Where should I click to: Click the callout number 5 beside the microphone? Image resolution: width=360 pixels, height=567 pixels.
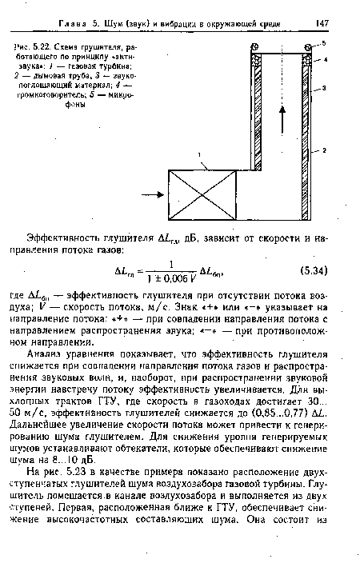point(324,42)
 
